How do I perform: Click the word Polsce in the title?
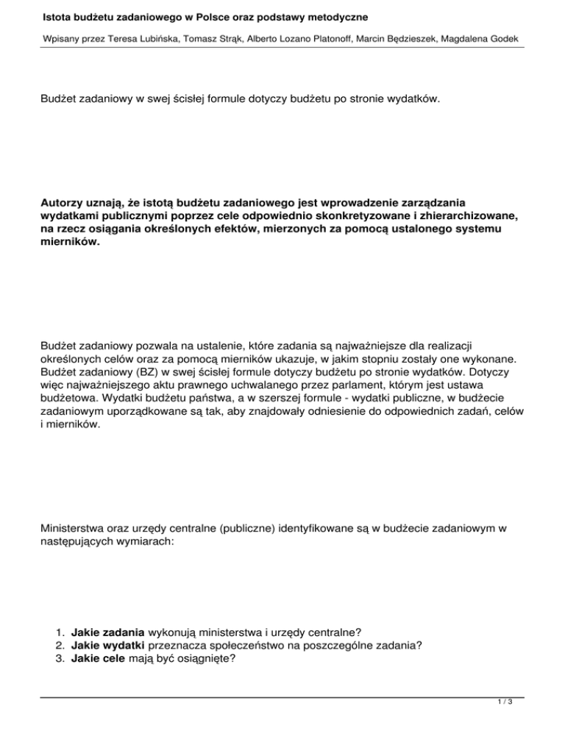[x=191, y=15]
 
